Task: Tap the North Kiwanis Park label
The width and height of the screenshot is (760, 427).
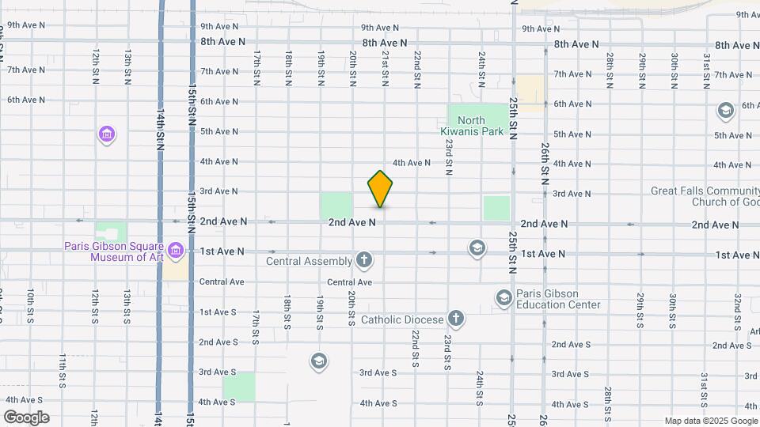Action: coord(471,127)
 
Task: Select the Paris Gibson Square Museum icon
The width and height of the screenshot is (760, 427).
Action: coord(176,252)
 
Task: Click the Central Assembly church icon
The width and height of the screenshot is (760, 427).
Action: coord(363,259)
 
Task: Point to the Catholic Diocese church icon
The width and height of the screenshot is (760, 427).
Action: coord(455,319)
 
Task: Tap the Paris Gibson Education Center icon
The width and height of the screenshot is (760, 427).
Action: coord(503,298)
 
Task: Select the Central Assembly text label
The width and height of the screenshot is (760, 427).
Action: coord(309,261)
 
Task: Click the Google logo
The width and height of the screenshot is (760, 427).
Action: coord(26,418)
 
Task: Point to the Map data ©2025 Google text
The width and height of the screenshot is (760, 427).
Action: coord(710,421)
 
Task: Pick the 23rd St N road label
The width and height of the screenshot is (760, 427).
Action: coord(448,157)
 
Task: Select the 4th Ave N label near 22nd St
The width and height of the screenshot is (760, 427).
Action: coord(412,163)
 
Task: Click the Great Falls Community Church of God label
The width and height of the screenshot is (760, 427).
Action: coord(705,196)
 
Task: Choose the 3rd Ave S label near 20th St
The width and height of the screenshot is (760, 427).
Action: coord(378,372)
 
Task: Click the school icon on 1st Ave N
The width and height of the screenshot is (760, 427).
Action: coord(477,248)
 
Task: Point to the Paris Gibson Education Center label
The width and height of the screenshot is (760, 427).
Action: coord(558,299)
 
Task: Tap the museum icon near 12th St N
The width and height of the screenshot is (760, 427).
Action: coord(107,135)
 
